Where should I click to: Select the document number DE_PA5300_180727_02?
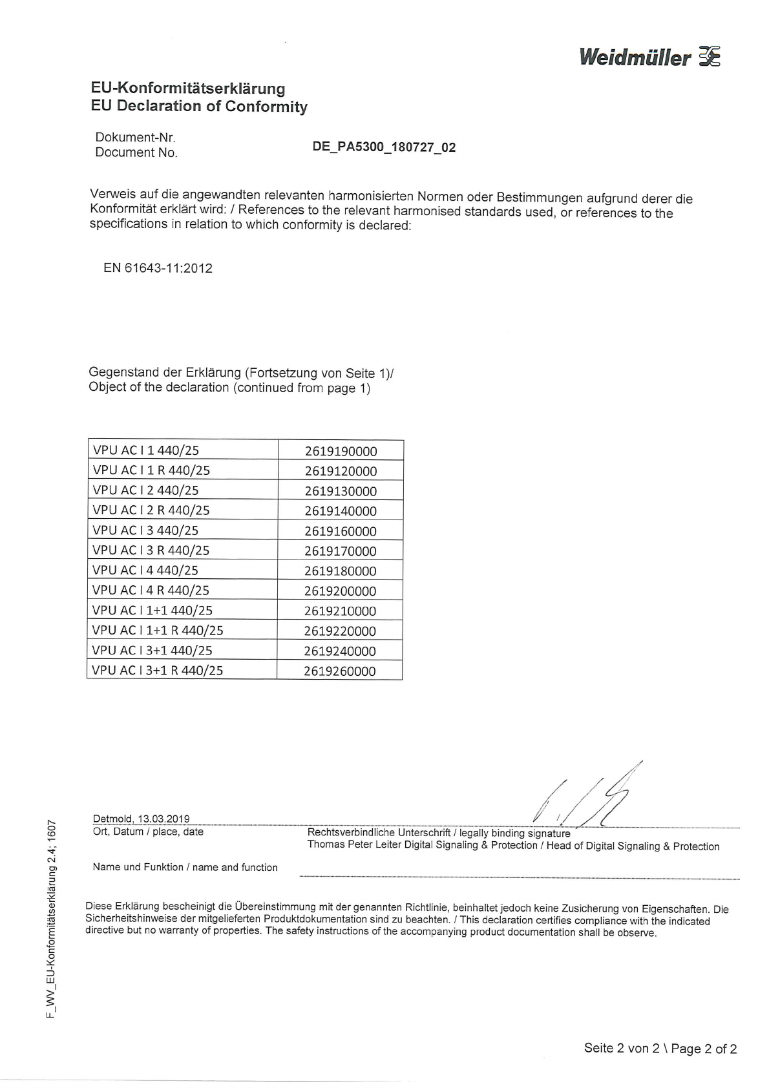tap(384, 147)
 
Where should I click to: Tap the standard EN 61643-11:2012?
tap(158, 268)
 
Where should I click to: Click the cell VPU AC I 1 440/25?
tap(146, 450)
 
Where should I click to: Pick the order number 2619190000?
tap(341, 451)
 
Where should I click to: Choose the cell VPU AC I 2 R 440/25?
tap(151, 510)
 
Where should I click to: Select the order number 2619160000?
tap(341, 531)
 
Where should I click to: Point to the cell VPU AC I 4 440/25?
tap(145, 570)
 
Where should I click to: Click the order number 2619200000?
tap(340, 591)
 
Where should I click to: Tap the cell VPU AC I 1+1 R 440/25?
tap(158, 631)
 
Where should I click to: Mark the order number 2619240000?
tap(340, 651)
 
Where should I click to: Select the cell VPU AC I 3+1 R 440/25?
tap(157, 671)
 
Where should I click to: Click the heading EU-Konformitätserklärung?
tap(188, 89)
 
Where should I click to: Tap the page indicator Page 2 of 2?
tap(704, 1049)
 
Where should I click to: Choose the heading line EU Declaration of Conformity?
tap(199, 107)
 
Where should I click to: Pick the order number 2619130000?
tap(341, 491)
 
